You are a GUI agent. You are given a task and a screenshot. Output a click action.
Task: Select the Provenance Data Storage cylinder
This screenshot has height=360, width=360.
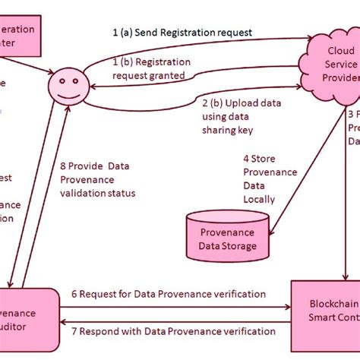(227, 234)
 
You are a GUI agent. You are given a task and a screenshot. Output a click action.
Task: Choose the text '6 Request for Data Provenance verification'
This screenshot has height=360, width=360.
(168, 294)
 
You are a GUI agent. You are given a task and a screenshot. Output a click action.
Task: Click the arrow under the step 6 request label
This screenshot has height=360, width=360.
(175, 306)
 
